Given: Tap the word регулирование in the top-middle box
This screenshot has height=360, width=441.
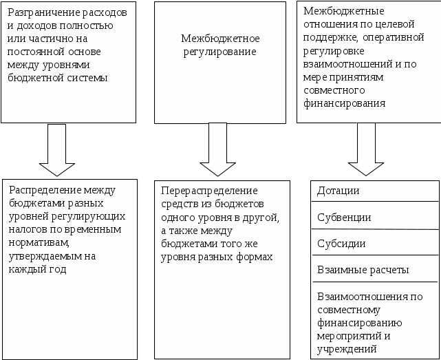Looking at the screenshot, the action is pos(219,52).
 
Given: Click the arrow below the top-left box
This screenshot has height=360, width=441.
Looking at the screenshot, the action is pos(57,149).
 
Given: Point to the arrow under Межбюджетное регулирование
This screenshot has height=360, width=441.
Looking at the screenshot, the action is pos(218,149).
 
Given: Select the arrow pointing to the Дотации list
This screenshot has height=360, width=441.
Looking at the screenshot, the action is pos(366,149).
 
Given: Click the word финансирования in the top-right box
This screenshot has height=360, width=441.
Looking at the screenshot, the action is pos(343,103).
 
